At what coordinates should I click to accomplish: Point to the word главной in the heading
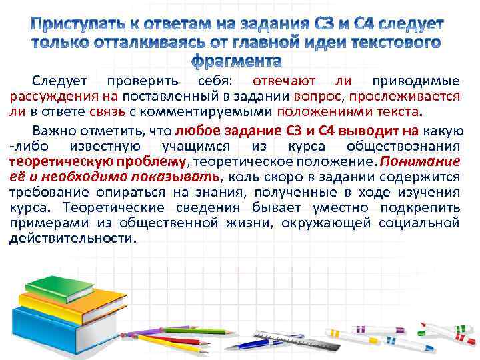[259, 44]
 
